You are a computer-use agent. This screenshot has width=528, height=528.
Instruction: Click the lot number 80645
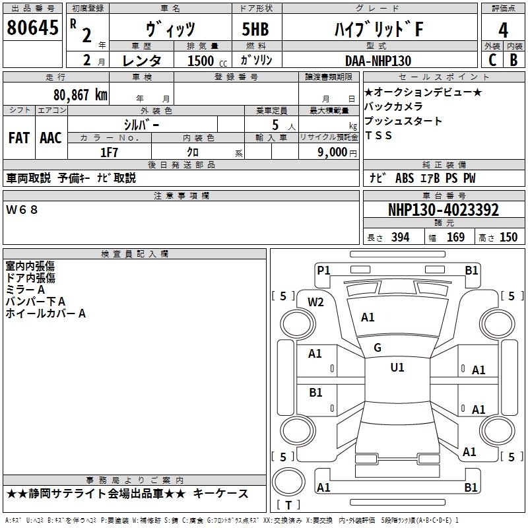click(x=32, y=27)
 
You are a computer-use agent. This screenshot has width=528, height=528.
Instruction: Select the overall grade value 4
click(x=503, y=30)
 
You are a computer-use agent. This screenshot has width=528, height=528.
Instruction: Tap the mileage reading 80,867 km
click(x=81, y=95)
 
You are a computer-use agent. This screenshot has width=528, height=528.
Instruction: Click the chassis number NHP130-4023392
click(x=444, y=210)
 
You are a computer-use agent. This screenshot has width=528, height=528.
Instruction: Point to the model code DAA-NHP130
click(x=378, y=61)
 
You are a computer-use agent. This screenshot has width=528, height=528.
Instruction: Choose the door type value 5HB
click(x=255, y=29)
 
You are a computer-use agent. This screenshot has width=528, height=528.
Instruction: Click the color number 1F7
click(x=109, y=152)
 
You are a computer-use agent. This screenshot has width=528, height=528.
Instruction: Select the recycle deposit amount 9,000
click(x=333, y=152)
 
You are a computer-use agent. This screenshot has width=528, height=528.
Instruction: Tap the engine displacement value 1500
click(x=201, y=61)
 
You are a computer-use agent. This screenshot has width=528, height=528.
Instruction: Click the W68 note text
click(x=22, y=210)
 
